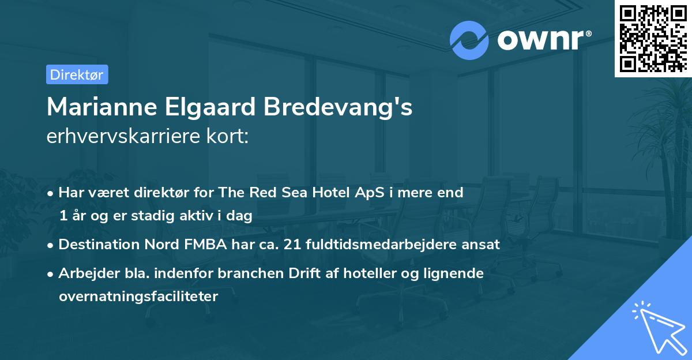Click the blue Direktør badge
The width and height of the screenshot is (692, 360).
pyautogui.click(x=77, y=74)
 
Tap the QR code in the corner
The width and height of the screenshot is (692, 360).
pyautogui.click(x=653, y=38)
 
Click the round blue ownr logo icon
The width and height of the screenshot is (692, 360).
pyautogui.click(x=469, y=39)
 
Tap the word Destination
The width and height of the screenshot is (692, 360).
pyautogui.click(x=99, y=245)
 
